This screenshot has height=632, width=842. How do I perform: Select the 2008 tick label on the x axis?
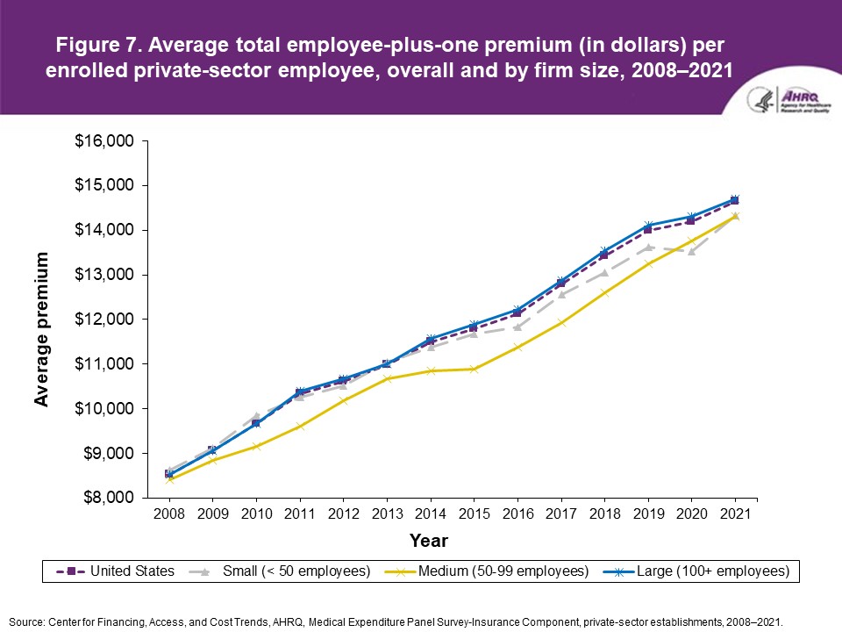pos(169,513)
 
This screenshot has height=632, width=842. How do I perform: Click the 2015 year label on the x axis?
pos(475,513)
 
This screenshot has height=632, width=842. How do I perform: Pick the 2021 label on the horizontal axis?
pos(735,513)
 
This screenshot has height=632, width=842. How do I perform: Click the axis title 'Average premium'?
pos(41,329)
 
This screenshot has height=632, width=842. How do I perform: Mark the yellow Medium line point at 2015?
pos(474,369)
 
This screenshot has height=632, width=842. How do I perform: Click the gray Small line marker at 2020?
pos(691,251)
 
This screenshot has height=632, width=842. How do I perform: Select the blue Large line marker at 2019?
pos(648,226)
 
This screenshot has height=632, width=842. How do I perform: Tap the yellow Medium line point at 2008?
pos(169,479)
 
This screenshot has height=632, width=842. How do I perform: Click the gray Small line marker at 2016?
pos(517,327)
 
